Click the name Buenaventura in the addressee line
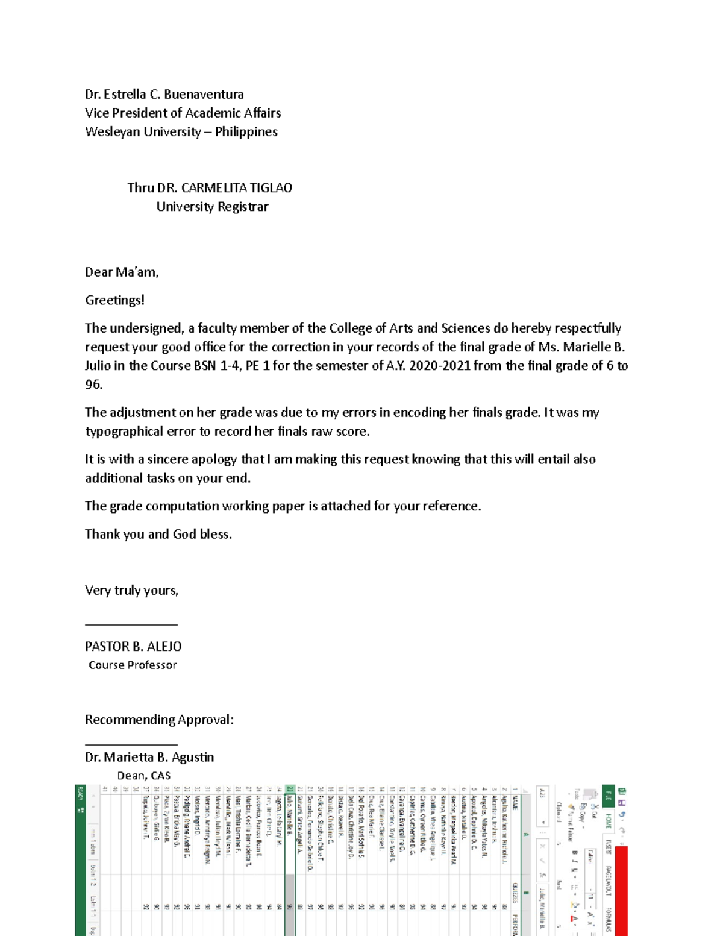204,94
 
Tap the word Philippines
246,131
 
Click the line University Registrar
212,206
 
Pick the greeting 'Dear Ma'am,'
122,272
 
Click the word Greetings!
114,300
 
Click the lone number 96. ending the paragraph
93,385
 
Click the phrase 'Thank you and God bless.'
158,534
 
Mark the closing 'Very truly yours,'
131,590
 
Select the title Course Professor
133,665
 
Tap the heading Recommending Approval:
159,720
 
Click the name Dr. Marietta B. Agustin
149,757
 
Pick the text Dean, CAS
143,776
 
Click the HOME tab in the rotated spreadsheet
609,821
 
